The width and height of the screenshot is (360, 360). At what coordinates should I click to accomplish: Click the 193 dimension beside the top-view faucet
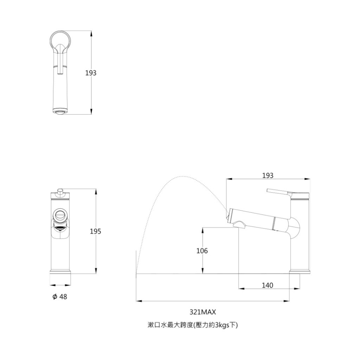[91, 73]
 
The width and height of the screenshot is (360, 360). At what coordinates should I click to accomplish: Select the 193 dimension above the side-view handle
[267, 175]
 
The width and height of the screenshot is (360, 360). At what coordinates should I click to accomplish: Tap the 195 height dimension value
[95, 231]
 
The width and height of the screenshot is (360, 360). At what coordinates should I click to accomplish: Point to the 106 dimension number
[202, 251]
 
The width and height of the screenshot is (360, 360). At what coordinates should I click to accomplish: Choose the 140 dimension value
[267, 285]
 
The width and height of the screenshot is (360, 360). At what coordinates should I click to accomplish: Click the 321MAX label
[202, 312]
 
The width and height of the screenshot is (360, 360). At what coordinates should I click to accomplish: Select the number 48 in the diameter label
[63, 297]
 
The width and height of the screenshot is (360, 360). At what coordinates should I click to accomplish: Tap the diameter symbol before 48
[54, 297]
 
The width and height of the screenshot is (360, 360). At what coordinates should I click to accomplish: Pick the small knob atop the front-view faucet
[59, 190]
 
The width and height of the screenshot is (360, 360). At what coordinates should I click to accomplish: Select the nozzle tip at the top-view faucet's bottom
[60, 111]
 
